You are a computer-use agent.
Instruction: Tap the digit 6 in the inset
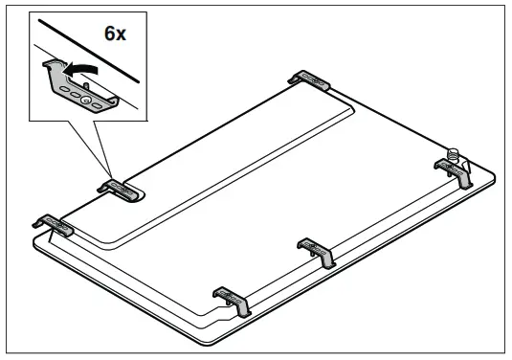pyautogui.click(x=108, y=34)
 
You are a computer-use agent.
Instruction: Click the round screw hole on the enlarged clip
pyautogui.click(x=87, y=98)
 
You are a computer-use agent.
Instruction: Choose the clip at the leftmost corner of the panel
pyautogui.click(x=56, y=226)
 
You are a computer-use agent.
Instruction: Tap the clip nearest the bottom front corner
pyautogui.click(x=233, y=300)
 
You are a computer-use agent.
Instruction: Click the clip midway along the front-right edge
pyautogui.click(x=317, y=251)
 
